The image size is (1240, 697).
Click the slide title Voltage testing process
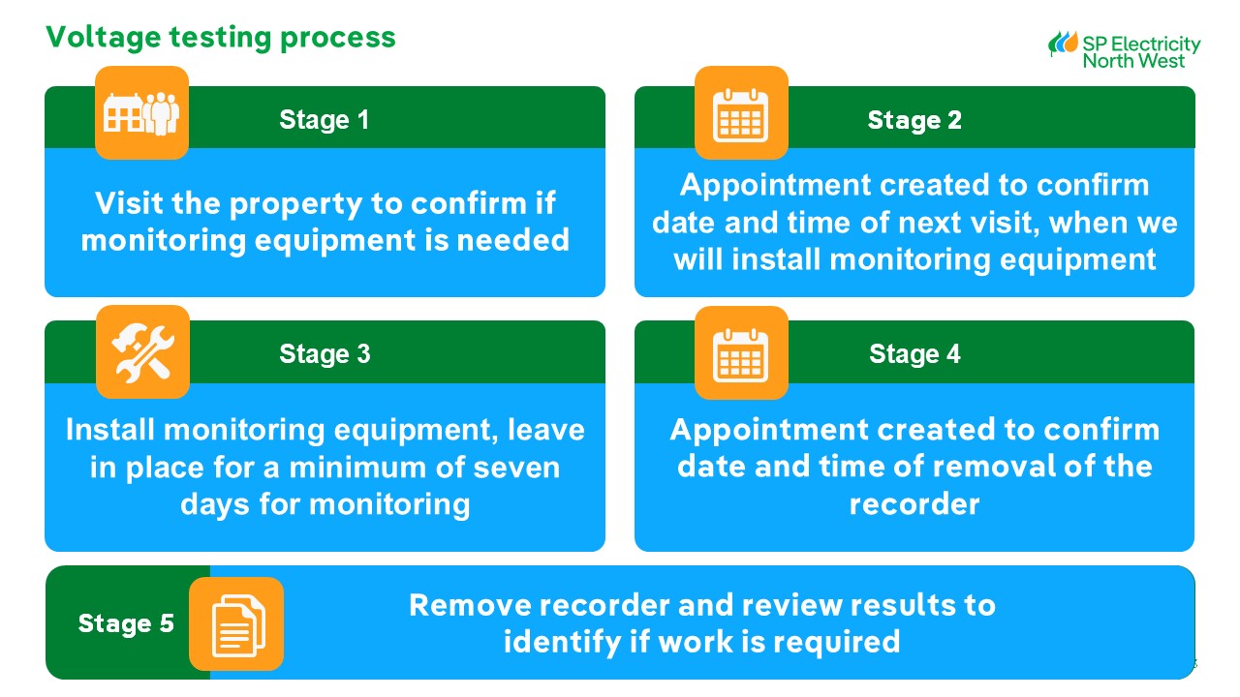[x=221, y=37]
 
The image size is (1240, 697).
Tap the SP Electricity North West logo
[x=1124, y=51]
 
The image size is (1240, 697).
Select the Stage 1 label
[x=324, y=119]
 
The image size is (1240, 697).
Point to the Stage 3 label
[x=325, y=353]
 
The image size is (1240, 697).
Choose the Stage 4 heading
[x=914, y=353]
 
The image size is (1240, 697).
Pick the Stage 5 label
[x=126, y=623]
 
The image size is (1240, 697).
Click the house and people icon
[x=141, y=113]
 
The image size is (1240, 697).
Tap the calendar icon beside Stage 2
[x=741, y=113]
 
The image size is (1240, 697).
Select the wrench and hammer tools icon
[x=142, y=351]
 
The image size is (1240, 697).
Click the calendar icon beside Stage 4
[x=741, y=352]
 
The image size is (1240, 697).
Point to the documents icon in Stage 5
[x=236, y=624]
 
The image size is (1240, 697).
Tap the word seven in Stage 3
[x=515, y=467]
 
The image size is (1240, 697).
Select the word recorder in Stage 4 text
[x=914, y=503]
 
